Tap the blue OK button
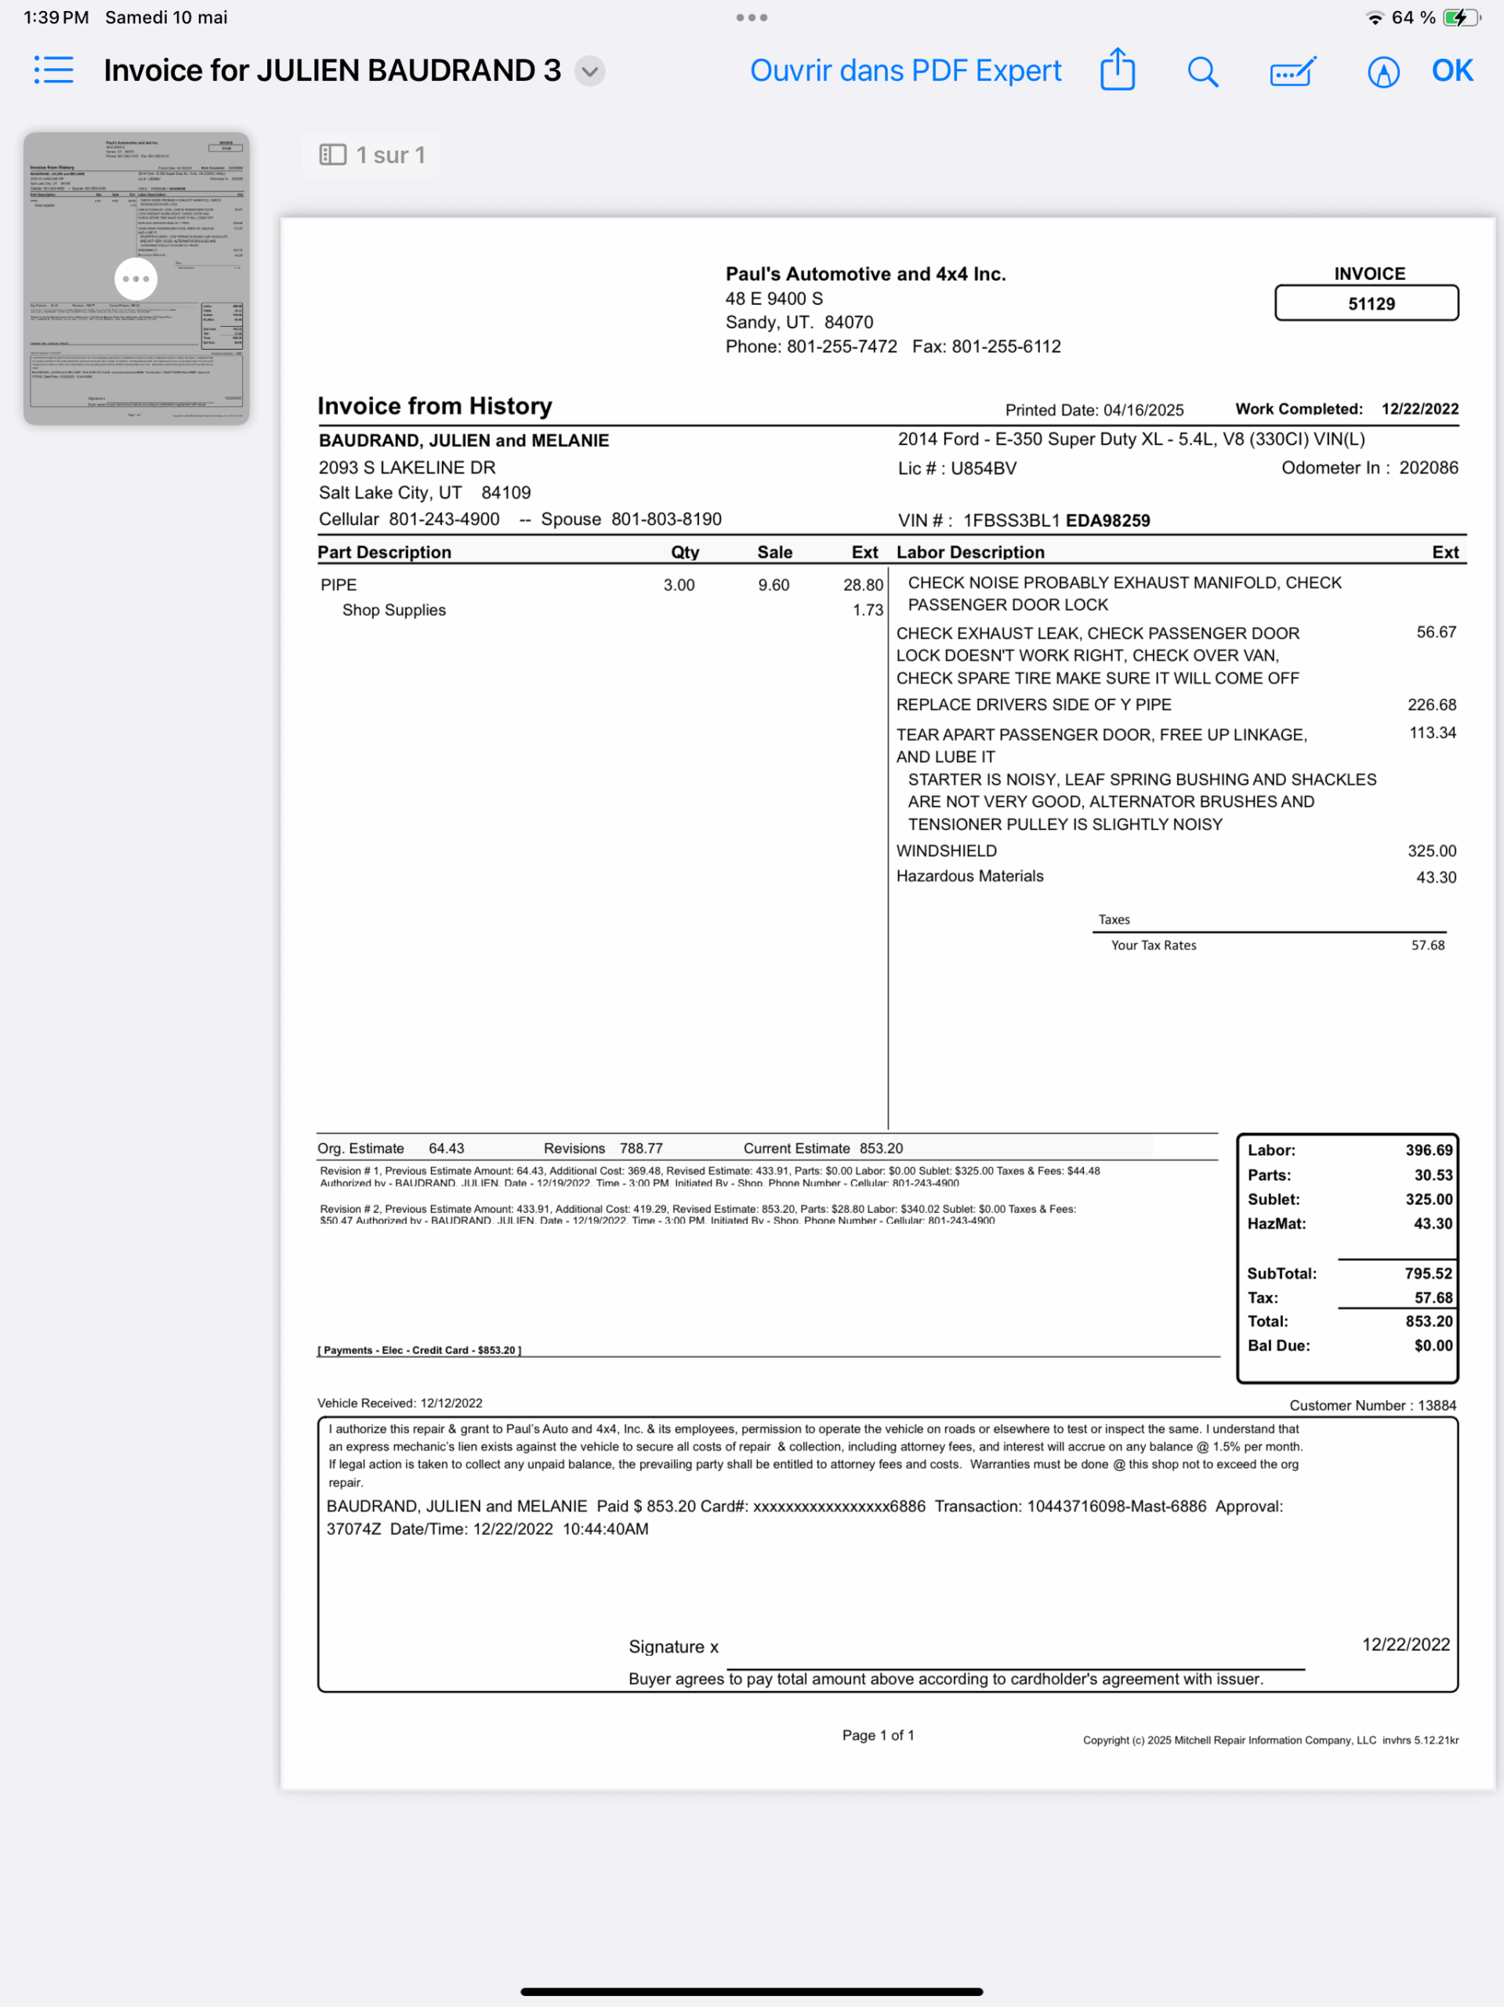click(1451, 71)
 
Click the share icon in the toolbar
click(1117, 70)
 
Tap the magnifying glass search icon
click(1202, 71)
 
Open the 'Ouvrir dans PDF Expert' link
click(904, 71)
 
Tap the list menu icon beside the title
click(53, 70)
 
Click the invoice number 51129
click(1370, 304)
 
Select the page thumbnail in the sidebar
click(136, 278)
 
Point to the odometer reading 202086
click(1428, 468)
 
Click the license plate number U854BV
click(984, 469)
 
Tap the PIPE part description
click(339, 585)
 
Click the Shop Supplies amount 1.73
click(867, 611)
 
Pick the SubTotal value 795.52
click(1428, 1274)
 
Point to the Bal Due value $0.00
click(1433, 1345)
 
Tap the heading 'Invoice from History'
click(434, 406)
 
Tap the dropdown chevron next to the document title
click(589, 71)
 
